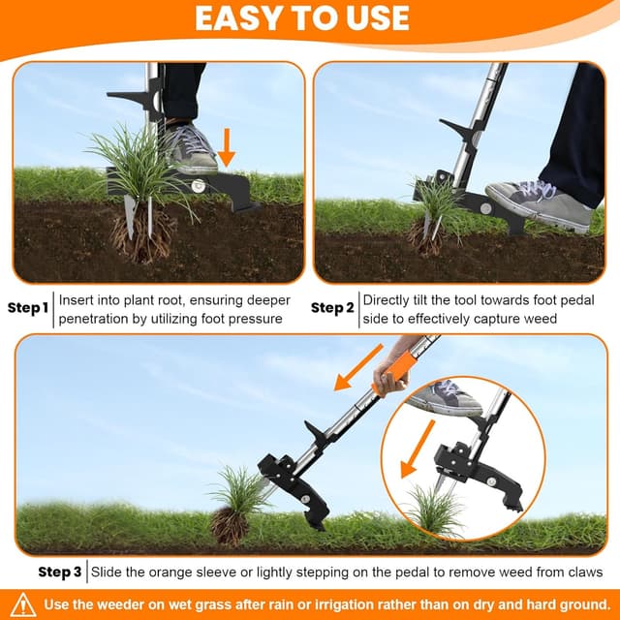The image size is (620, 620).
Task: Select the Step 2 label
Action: (x=332, y=308)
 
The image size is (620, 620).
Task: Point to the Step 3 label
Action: (x=59, y=573)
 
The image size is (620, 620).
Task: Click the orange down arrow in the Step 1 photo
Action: (x=227, y=145)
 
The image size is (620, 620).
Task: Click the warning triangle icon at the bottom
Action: (x=25, y=604)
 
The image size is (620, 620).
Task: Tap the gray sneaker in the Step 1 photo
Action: (x=190, y=148)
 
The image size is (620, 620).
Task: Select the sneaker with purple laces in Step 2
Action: (x=538, y=202)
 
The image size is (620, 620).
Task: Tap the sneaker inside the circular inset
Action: (x=447, y=396)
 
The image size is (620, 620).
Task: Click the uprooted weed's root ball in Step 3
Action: (x=230, y=526)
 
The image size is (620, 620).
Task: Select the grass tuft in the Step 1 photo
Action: (x=136, y=165)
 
